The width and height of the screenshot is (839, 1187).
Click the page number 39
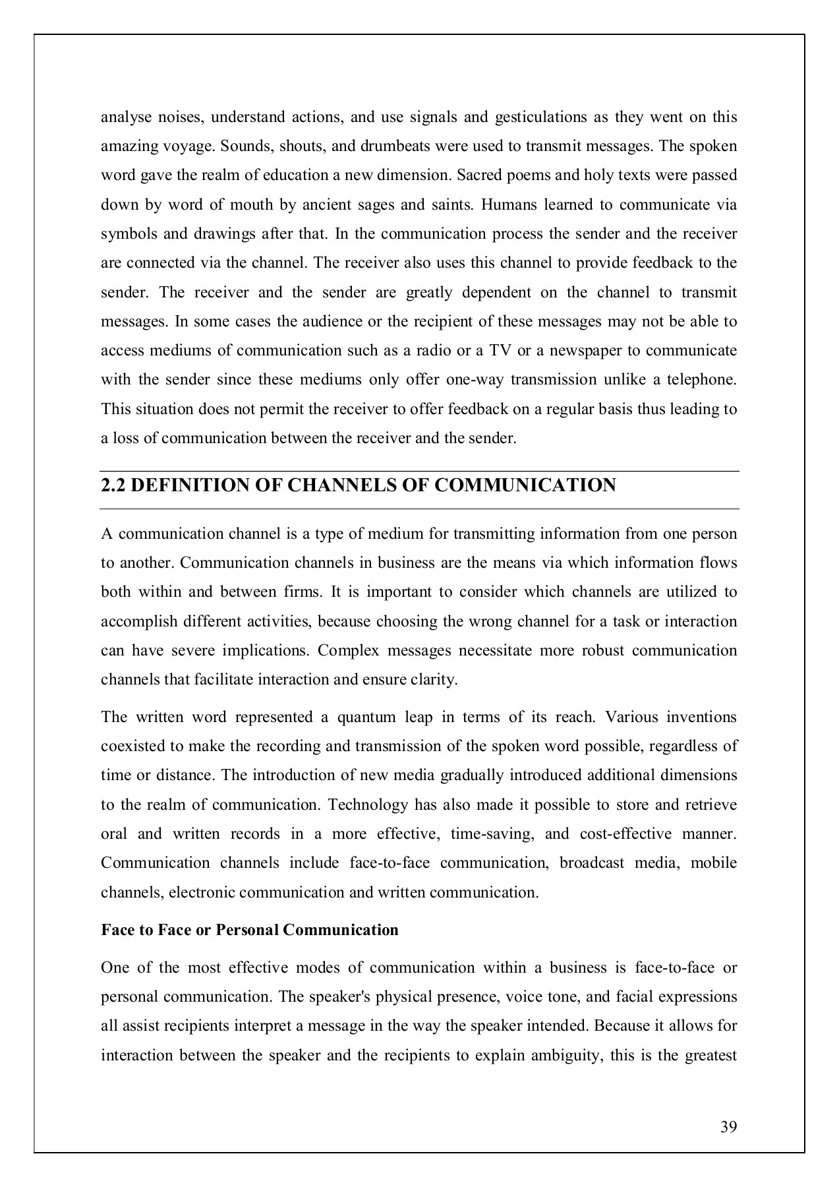tap(728, 1126)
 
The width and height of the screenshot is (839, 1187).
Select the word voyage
tap(187, 146)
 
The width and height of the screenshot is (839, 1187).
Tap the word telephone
tap(702, 380)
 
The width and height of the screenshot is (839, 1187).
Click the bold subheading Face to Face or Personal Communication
tap(250, 930)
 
